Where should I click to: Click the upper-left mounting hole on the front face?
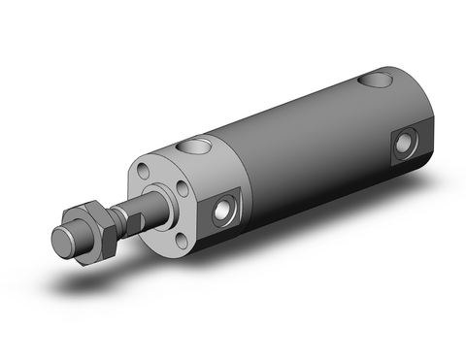tap(145, 173)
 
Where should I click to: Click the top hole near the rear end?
tap(372, 80)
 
